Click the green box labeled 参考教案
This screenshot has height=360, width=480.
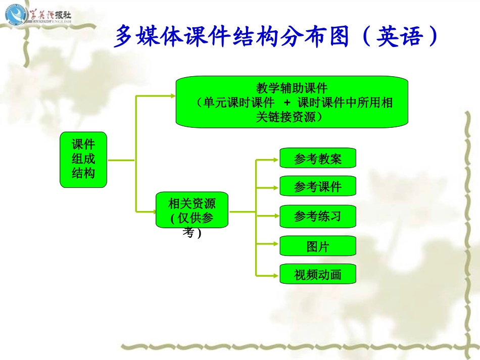tap(318, 158)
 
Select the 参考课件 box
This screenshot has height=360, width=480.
tap(318, 186)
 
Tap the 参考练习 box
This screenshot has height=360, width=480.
tap(318, 216)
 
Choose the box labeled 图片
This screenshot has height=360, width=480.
tap(318, 246)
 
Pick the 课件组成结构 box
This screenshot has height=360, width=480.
tap(83, 160)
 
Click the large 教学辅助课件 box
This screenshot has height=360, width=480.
tap(292, 102)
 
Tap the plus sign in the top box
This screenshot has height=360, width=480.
tap(287, 102)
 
